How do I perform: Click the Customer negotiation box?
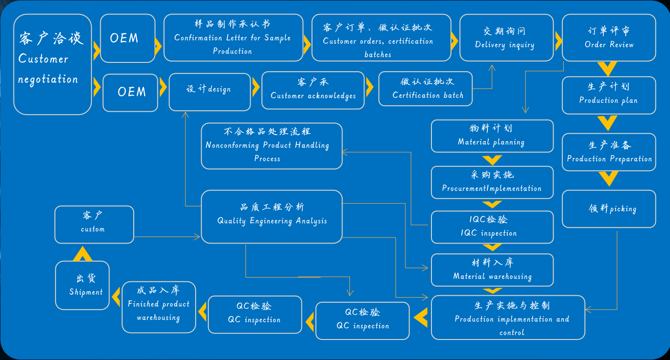click(x=52, y=65)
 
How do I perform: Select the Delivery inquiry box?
click(x=506, y=38)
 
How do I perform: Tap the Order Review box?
click(x=608, y=38)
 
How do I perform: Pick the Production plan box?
click(x=608, y=95)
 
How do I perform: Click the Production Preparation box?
click(x=608, y=152)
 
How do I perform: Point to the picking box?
click(x=608, y=209)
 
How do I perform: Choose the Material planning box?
click(x=492, y=136)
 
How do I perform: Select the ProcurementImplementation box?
click(x=492, y=182)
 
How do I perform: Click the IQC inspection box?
click(x=492, y=227)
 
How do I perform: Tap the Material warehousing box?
click(x=492, y=270)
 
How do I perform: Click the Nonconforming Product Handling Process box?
click(x=272, y=146)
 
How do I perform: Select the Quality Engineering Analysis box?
click(x=272, y=216)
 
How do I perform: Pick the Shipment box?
click(x=82, y=285)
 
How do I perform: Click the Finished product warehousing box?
click(x=158, y=307)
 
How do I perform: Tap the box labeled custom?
click(x=94, y=224)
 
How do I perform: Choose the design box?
click(x=209, y=91)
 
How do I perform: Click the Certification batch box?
click(x=425, y=89)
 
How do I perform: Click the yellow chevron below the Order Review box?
click(x=608, y=69)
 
